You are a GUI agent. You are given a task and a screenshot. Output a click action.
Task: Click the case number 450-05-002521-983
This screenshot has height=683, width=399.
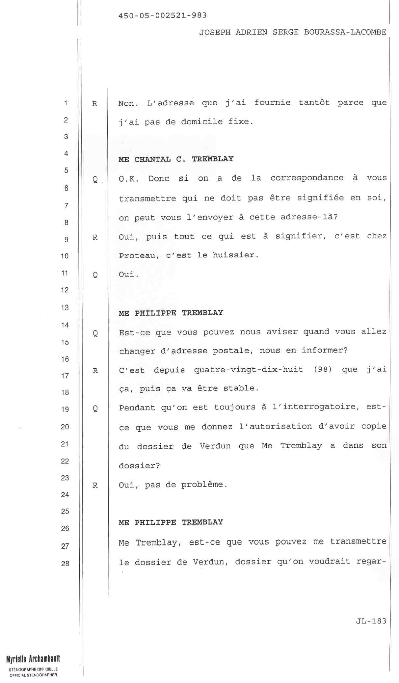click(x=162, y=15)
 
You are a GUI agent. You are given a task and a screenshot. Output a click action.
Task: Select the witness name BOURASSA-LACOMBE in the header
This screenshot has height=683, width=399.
click(x=345, y=32)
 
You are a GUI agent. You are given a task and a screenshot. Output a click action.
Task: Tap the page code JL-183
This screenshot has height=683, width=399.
click(x=371, y=621)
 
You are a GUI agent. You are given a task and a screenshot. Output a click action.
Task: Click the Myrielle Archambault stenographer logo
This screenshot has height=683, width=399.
click(x=33, y=659)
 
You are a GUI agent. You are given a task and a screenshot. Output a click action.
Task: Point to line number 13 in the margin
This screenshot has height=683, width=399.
click(x=65, y=307)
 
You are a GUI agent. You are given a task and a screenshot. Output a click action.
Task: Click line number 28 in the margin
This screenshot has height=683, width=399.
click(x=65, y=563)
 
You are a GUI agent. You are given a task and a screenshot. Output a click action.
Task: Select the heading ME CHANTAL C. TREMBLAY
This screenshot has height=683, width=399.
click(x=176, y=159)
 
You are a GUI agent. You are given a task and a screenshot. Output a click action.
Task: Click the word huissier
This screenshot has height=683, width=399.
click(x=235, y=255)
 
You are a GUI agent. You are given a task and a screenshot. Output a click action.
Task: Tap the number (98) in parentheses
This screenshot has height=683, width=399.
click(x=323, y=369)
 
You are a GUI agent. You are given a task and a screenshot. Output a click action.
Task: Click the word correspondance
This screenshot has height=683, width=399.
click(x=307, y=178)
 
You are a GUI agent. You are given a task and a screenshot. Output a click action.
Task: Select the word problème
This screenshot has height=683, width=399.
click(x=204, y=485)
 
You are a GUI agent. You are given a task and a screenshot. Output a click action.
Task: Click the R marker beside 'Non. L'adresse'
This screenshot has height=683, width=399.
click(x=95, y=104)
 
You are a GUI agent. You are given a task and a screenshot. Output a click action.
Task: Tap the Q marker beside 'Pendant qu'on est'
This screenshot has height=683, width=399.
click(x=95, y=409)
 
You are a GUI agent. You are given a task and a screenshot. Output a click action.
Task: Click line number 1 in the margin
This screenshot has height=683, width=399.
click(x=66, y=103)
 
